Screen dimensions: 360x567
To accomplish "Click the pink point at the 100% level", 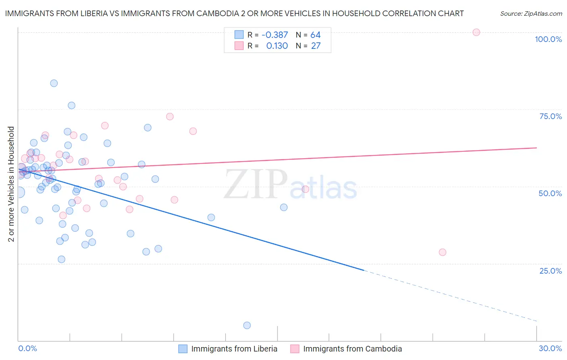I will (476, 32).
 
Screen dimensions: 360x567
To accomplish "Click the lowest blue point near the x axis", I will (247, 325).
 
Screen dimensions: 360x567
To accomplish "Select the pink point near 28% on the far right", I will (442, 252).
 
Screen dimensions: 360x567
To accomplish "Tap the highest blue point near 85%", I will (54, 83).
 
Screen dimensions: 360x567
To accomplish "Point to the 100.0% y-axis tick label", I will (548, 39).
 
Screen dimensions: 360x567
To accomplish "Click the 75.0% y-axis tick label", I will (550, 116).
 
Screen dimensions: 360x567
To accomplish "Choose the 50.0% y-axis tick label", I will (550, 193).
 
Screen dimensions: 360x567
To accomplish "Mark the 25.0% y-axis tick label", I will (550, 270).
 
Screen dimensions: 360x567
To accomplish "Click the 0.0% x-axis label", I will (27, 348).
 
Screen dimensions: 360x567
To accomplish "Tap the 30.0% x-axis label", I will (550, 348).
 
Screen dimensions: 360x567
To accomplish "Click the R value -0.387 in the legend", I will (275, 35).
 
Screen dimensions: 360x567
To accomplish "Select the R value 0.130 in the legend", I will (277, 46).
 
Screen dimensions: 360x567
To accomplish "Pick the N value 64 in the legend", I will (315, 35).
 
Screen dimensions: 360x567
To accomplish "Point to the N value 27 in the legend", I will (316, 46).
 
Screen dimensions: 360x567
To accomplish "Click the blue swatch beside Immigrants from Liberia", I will (183, 349).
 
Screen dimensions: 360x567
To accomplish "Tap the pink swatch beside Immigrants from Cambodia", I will (295, 349).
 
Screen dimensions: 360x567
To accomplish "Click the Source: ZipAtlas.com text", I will (531, 14).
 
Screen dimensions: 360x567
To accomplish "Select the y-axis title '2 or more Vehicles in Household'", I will (11, 184).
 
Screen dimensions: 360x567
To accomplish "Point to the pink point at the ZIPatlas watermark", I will (305, 189).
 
